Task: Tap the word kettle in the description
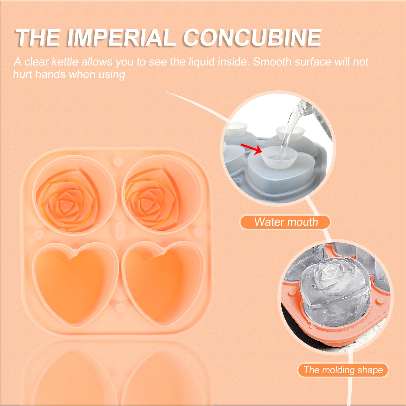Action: pos(65,62)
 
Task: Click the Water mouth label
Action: pos(286,222)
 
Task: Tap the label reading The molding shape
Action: pos(343,370)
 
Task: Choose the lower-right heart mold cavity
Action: pos(164,282)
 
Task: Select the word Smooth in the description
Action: pos(272,62)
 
